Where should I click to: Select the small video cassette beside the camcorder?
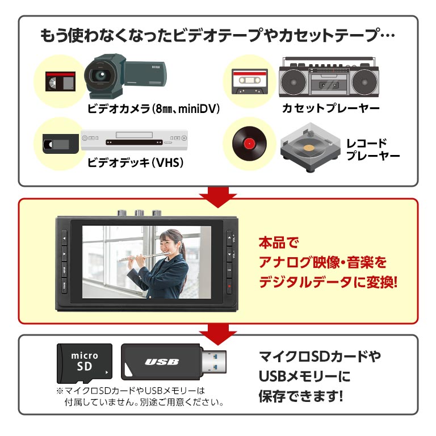[x=60, y=81]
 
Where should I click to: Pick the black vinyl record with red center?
[x=249, y=142]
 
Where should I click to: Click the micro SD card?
[x=85, y=362]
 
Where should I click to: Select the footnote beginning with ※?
[x=139, y=396]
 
